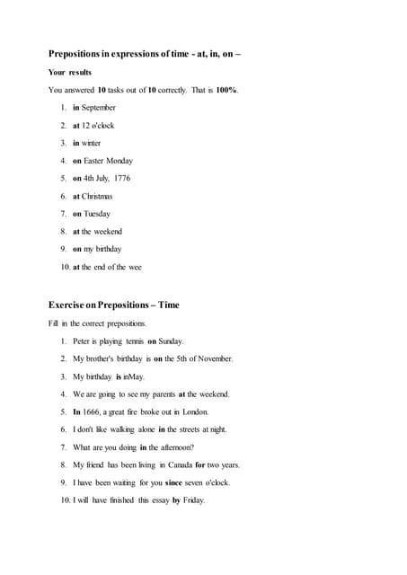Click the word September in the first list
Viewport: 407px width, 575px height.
[99, 108]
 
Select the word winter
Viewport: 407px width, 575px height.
[92, 143]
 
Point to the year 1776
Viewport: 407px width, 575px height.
[121, 179]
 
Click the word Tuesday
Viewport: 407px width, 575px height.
[98, 214]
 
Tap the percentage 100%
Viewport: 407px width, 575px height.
[226, 90]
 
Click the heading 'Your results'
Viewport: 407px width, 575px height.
[70, 72]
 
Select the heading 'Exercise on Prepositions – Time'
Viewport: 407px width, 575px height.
[114, 305]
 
